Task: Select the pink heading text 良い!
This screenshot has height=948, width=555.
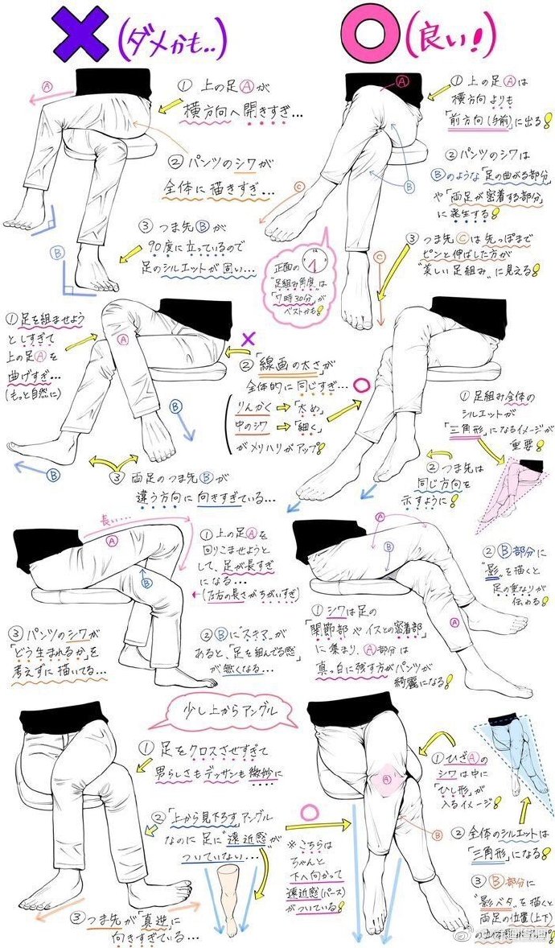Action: tap(450, 37)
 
